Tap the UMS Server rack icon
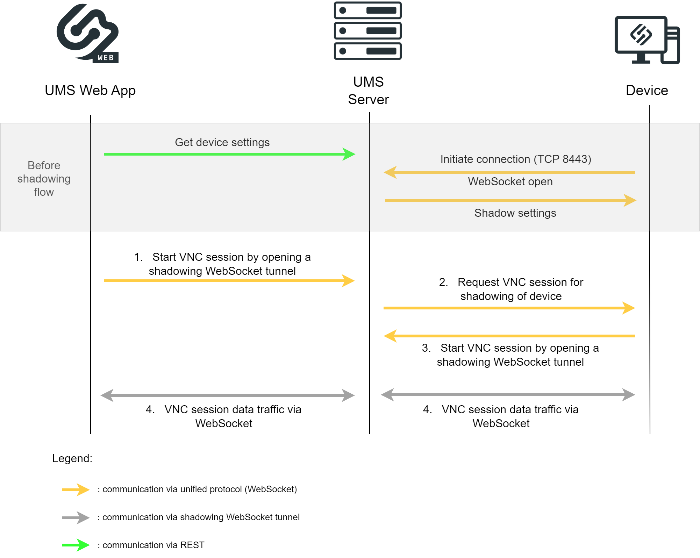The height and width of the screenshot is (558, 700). click(x=367, y=31)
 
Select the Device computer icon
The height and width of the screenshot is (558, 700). click(x=647, y=40)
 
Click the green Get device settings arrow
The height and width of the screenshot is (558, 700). click(x=229, y=154)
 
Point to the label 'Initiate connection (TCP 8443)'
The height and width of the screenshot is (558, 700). click(x=515, y=159)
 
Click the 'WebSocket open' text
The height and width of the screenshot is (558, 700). click(x=510, y=182)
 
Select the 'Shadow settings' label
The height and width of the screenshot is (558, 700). click(x=515, y=213)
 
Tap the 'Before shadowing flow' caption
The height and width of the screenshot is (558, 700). click(x=44, y=179)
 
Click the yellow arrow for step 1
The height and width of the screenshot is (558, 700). click(x=229, y=281)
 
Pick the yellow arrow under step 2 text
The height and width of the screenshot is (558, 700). click(x=509, y=308)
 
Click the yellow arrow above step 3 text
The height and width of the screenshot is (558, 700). click(x=509, y=336)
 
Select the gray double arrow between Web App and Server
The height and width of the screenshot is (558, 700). click(x=228, y=395)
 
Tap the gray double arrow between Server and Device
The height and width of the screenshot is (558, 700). click(x=508, y=395)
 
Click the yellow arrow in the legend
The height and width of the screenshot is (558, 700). click(x=76, y=489)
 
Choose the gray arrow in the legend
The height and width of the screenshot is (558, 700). click(x=76, y=517)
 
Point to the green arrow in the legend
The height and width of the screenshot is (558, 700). click(x=76, y=545)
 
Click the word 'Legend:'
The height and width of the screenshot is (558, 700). click(x=72, y=458)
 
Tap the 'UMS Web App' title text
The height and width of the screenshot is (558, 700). click(x=90, y=91)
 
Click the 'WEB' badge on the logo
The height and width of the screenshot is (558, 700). click(x=106, y=58)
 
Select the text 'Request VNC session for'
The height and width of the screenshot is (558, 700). click(x=520, y=282)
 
